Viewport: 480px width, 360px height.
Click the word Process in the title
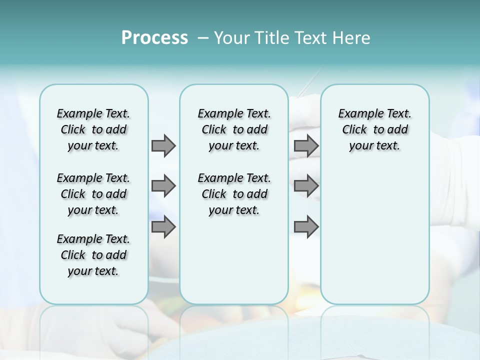tap(154, 37)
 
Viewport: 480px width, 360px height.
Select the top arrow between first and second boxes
tap(163, 145)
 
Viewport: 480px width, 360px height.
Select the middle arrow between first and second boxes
tap(163, 186)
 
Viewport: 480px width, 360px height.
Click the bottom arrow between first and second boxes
tap(163, 226)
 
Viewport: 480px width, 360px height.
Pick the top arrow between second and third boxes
tap(306, 145)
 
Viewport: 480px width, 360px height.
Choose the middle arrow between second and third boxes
tap(306, 186)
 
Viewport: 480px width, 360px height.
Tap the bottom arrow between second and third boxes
tap(306, 226)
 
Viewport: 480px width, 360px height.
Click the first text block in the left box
tap(93, 129)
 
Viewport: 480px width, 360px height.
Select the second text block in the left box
tap(93, 194)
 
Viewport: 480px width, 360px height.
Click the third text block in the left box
tap(93, 255)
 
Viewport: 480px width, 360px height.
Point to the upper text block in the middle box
tap(234, 129)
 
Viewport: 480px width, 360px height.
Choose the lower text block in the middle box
tap(234, 194)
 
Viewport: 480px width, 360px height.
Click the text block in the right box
tap(374, 129)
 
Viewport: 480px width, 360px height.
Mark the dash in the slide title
tap(202, 38)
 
